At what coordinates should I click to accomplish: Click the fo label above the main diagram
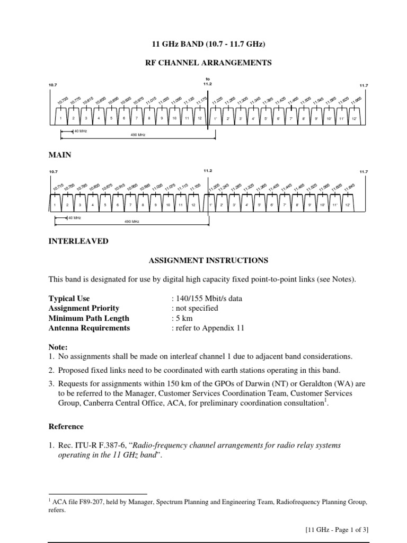click(208, 80)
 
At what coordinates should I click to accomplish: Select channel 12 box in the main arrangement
click(199, 118)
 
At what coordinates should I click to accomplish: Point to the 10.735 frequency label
click(63, 101)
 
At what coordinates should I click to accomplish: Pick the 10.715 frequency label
click(58, 188)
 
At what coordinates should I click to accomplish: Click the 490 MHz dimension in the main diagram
click(137, 135)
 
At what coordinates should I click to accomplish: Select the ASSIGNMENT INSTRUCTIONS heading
click(208, 260)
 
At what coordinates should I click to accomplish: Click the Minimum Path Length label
click(89, 318)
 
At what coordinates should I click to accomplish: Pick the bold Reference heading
click(66, 426)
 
